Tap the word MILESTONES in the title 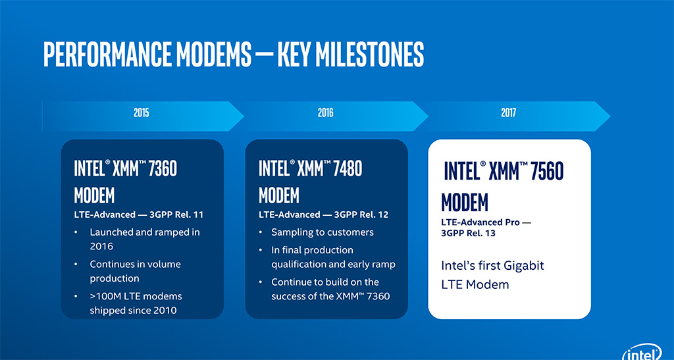[370, 54]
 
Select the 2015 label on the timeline [141, 113]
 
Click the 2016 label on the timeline [325, 113]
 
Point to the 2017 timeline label [508, 113]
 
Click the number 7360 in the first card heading [163, 168]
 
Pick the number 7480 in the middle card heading [348, 168]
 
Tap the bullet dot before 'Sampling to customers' [261, 232]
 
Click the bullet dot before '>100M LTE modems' [76, 296]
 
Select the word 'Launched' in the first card [111, 232]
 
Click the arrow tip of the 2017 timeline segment [610, 116]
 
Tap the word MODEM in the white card [465, 202]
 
